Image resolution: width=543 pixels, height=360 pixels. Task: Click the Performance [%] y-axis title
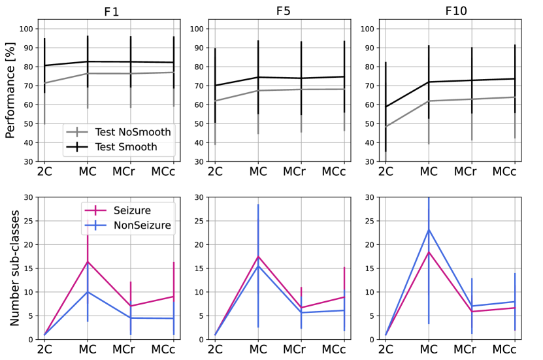coord(11,91)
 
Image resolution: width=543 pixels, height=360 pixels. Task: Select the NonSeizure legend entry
coord(129,226)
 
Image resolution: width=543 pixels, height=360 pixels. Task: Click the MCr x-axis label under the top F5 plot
coord(301,171)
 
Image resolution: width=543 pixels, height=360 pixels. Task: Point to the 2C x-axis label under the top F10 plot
coord(386,171)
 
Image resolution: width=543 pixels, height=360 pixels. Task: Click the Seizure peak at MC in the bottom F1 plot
coord(88,261)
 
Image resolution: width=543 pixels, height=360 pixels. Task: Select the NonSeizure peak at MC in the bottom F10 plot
coord(429,229)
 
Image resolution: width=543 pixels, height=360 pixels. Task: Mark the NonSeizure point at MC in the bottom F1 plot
coord(88,292)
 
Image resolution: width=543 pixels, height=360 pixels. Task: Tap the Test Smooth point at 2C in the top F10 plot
coord(386,106)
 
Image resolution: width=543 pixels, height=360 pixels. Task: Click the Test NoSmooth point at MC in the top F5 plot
coord(258,90)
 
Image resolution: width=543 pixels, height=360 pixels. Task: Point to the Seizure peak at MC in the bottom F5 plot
coord(258,256)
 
